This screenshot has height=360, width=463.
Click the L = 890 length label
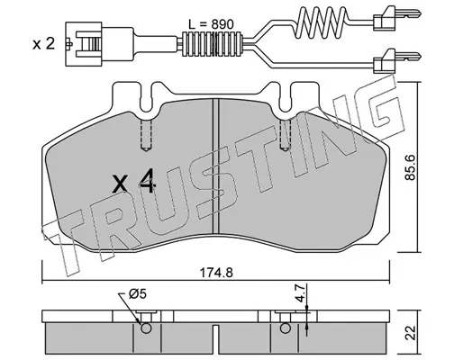coord(211,24)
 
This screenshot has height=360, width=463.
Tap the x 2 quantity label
coord(44,44)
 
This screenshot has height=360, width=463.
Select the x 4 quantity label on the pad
coord(133,181)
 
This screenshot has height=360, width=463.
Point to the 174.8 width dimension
coord(216,273)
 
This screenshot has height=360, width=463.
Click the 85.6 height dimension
coord(410,167)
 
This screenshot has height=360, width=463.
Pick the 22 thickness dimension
coord(411,332)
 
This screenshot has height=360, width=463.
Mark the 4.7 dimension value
coord(300,294)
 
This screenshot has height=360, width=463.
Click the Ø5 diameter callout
coord(138,294)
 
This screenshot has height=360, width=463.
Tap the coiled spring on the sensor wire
coord(322,22)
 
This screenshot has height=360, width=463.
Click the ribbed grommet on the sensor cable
coord(213,44)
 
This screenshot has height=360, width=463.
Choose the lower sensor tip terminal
coord(397,61)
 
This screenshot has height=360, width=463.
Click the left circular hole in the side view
coord(146,328)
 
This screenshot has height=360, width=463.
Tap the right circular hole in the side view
coord(285,328)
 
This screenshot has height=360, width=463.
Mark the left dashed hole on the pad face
coord(146,135)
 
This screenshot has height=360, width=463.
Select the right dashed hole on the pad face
coord(285,135)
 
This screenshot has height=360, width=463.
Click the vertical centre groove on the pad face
coord(215,166)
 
